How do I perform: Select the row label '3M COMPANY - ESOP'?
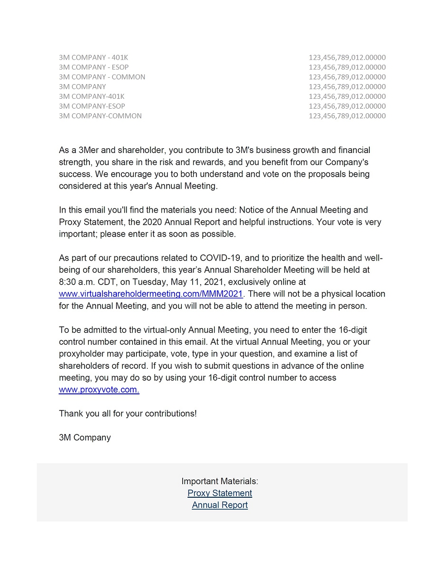(94, 67)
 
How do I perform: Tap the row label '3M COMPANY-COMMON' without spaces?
(100, 116)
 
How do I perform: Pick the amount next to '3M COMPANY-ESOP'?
(347, 106)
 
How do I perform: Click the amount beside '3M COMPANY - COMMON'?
(347, 77)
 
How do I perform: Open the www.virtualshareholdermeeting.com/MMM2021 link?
(151, 294)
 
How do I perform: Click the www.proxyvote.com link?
(99, 390)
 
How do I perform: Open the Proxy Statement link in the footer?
(219, 493)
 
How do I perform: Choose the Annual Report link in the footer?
(219, 505)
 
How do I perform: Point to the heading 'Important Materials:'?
(219, 481)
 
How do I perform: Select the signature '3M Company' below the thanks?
(85, 438)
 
